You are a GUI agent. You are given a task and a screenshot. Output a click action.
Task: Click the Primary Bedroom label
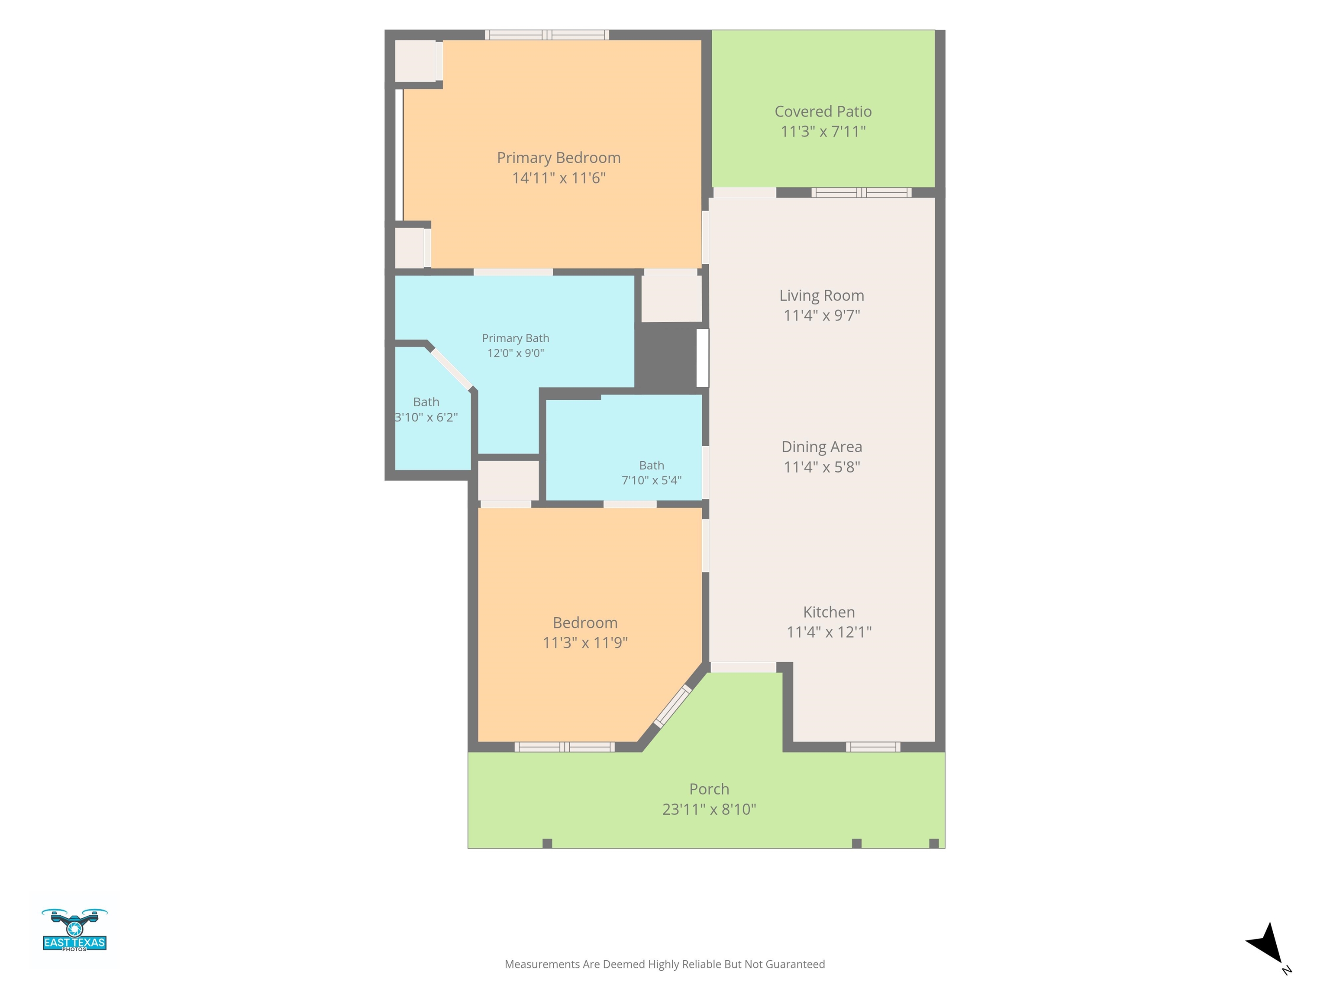tap(558, 158)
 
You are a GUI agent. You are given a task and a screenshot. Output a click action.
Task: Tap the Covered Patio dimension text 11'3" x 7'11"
tap(823, 131)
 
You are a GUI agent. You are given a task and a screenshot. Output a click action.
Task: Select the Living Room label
tap(822, 295)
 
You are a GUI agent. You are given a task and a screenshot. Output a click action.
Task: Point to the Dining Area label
tap(822, 447)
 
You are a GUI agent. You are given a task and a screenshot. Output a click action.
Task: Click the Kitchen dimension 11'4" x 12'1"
tap(829, 632)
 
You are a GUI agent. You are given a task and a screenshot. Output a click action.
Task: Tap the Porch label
tap(710, 789)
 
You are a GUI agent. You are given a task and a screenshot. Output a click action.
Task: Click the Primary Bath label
tap(515, 338)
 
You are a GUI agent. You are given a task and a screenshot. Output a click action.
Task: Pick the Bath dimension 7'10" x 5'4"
tap(652, 480)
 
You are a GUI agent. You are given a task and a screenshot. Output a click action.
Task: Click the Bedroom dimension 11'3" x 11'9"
tap(585, 642)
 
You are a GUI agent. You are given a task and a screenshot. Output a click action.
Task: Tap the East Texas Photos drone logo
tap(74, 930)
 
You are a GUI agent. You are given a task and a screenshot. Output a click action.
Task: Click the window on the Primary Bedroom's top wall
tap(547, 35)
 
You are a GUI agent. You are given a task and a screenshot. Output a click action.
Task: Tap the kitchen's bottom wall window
tap(873, 747)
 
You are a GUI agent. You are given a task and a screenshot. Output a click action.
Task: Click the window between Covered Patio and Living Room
tap(862, 192)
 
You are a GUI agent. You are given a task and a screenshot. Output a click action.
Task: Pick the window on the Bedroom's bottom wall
tap(565, 747)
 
